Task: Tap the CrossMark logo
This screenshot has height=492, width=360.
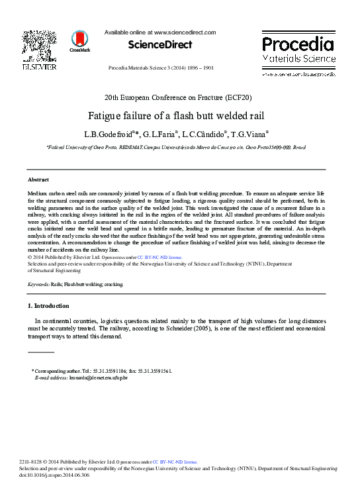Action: [79, 40]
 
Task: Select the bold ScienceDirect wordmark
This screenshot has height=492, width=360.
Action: [159, 45]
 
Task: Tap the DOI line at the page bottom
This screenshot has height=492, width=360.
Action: [62, 474]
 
